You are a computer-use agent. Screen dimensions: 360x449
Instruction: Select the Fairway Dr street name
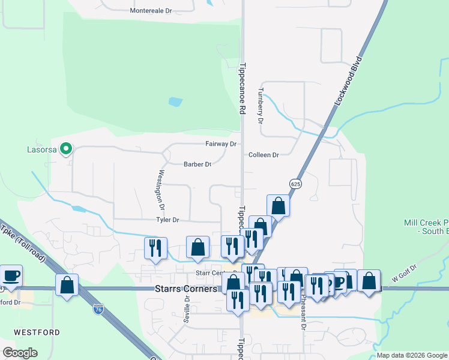click(221, 144)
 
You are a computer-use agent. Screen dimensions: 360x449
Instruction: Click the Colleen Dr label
click(264, 155)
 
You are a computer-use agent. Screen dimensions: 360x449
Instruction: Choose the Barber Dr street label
click(197, 164)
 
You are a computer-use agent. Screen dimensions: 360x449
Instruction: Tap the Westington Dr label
click(160, 187)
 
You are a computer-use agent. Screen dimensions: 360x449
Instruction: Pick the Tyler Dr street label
click(167, 220)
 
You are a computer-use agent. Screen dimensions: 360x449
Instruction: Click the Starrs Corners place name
click(185, 289)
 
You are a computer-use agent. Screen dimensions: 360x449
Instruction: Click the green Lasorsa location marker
click(67, 148)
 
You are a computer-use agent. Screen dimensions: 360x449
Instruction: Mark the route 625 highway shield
click(294, 183)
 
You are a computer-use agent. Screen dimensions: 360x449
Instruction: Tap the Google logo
click(20, 353)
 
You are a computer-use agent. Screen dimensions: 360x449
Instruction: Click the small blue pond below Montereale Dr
click(175, 101)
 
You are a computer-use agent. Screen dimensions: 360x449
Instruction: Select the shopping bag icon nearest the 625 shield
click(278, 205)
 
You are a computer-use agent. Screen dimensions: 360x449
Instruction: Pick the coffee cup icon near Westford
click(11, 275)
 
